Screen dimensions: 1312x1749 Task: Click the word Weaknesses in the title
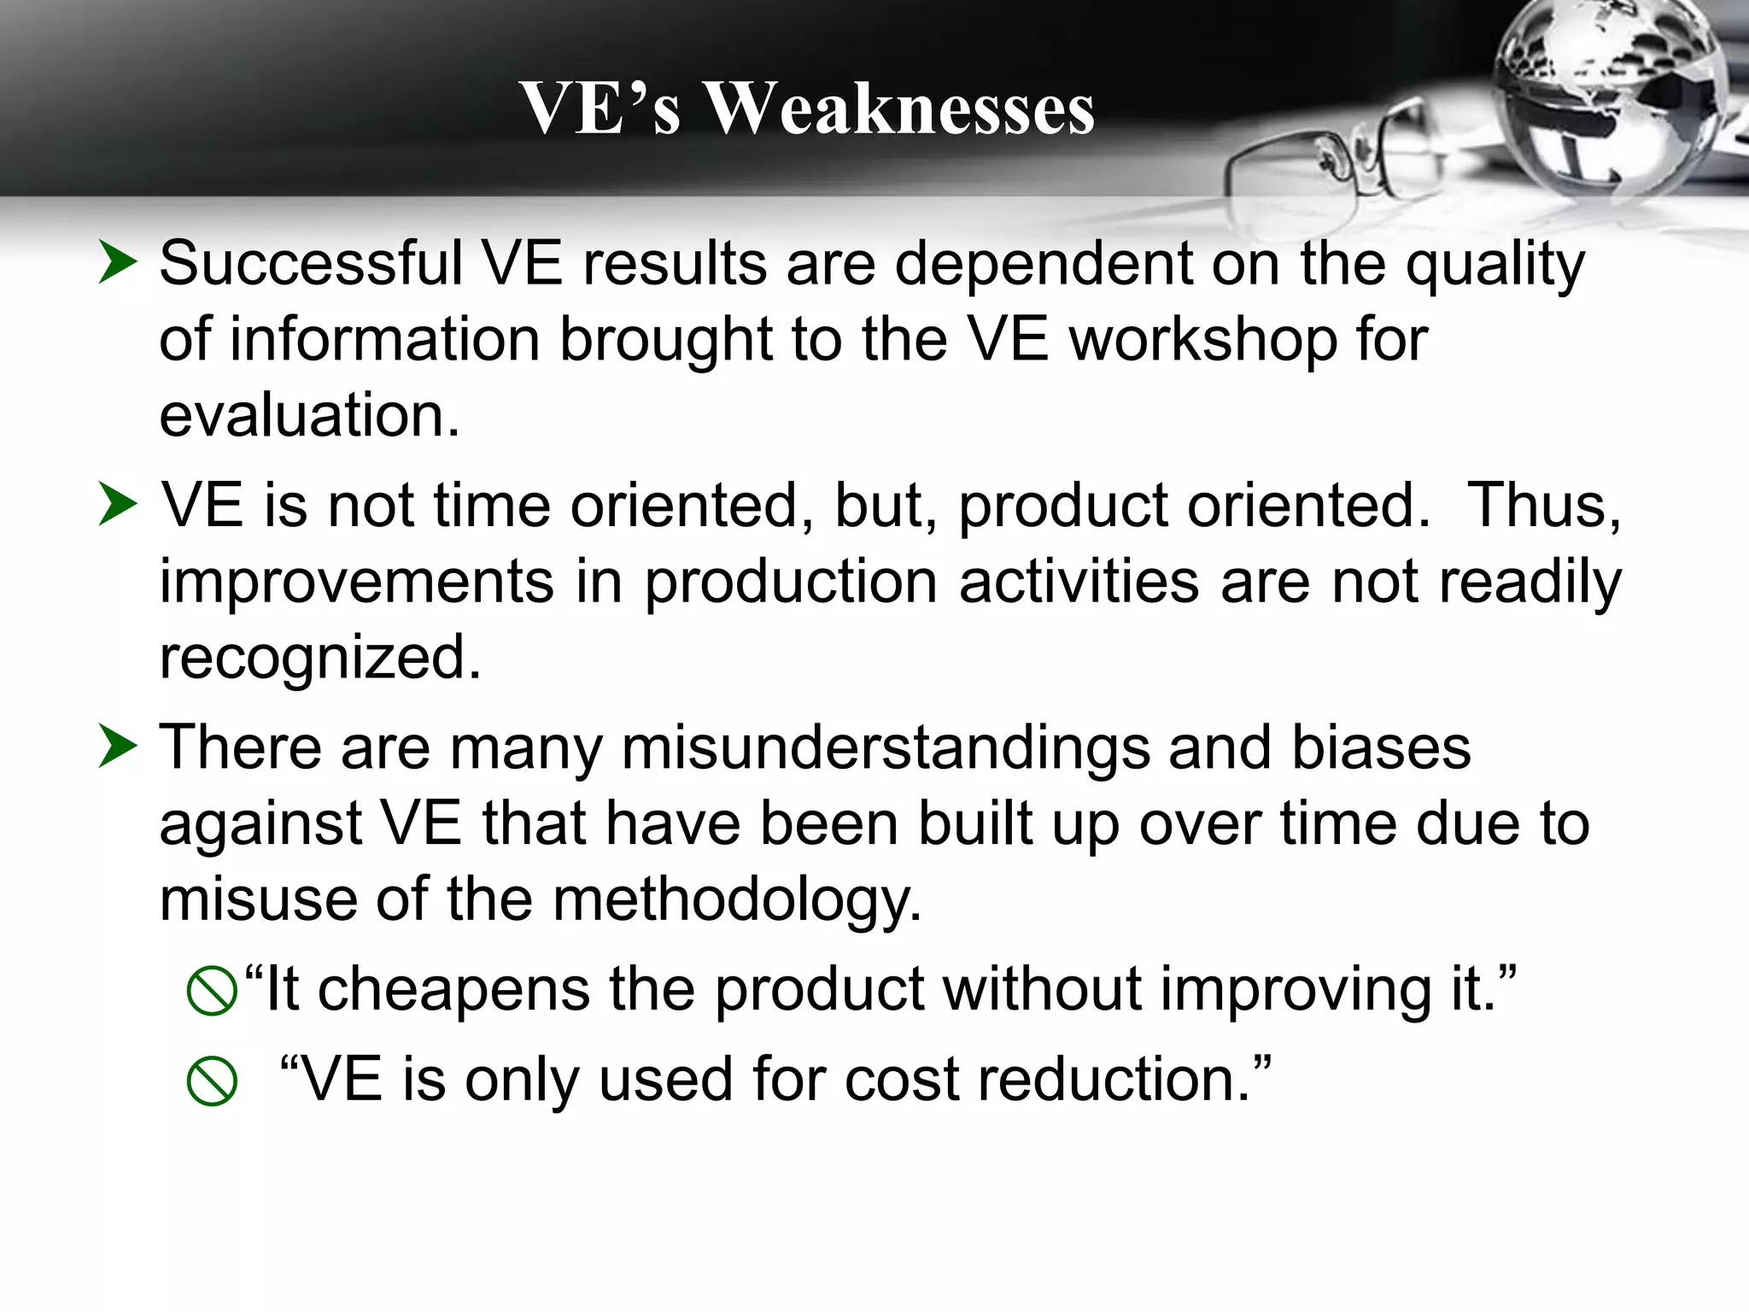click(901, 109)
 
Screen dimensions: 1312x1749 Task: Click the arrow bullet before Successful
click(117, 261)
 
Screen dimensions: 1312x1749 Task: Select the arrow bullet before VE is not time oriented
click(117, 504)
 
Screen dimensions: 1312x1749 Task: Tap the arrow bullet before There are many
click(117, 746)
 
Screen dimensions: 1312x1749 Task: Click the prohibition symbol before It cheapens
click(211, 991)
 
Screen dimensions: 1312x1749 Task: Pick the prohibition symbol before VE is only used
click(211, 1081)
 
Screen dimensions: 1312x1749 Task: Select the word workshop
click(1202, 340)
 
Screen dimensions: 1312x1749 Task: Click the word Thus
click(1543, 506)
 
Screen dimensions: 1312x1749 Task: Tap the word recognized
click(320, 659)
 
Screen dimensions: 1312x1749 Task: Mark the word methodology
click(737, 900)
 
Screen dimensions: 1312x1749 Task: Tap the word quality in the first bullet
click(1495, 265)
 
